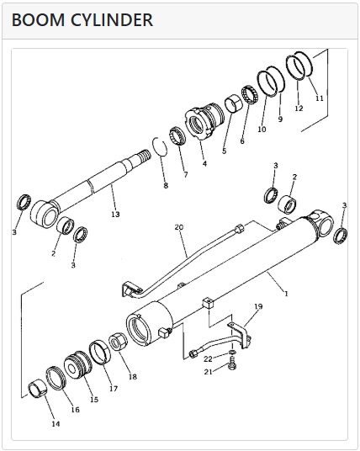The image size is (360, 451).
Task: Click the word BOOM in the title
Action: click(38, 20)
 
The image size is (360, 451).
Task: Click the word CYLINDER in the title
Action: click(112, 20)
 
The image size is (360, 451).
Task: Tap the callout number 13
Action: click(115, 215)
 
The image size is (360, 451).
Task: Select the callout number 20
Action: click(179, 227)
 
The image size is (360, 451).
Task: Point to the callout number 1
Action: click(286, 294)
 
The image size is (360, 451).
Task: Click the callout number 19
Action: click(258, 306)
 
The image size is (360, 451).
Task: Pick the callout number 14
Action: click(56, 424)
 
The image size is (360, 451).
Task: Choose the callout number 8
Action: click(166, 185)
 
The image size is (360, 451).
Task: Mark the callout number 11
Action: click(320, 98)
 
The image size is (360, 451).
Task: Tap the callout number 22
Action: click(208, 359)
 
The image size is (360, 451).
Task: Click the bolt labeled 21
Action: click(232, 363)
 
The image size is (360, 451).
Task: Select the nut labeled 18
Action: click(118, 341)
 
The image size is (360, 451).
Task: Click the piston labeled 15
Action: click(78, 364)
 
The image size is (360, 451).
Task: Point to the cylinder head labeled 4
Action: click(204, 121)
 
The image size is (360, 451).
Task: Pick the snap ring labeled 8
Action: click(160, 146)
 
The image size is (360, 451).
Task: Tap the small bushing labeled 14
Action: click(38, 390)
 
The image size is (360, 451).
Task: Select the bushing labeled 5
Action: click(233, 104)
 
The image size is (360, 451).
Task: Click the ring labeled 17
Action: click(100, 352)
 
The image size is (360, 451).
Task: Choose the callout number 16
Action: click(75, 410)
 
